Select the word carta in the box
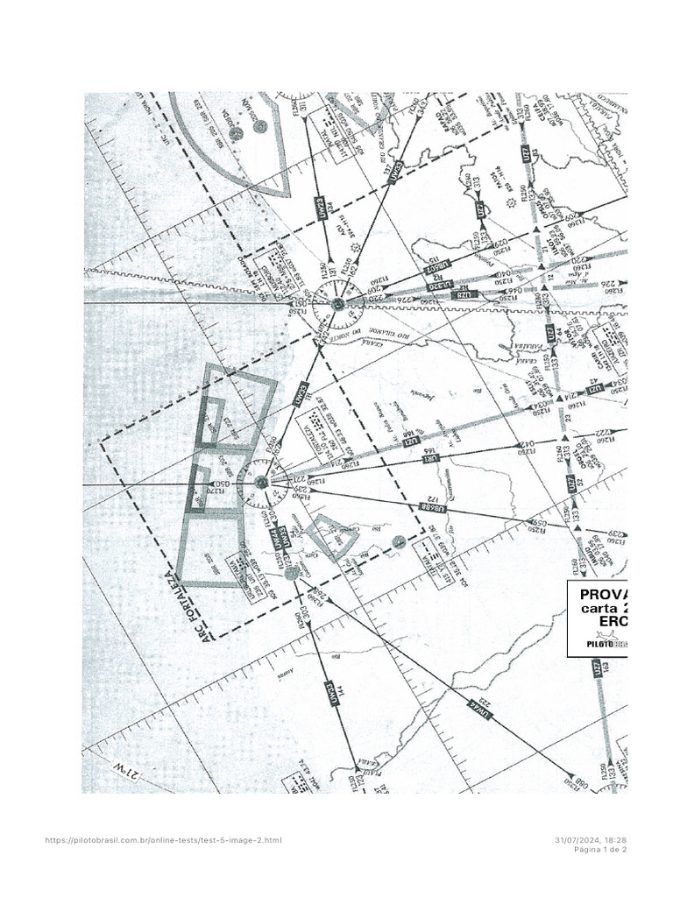point(605,609)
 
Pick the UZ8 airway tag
point(464,296)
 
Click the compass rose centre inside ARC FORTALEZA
point(261,481)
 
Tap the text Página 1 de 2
point(600,849)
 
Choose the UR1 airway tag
point(429,457)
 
